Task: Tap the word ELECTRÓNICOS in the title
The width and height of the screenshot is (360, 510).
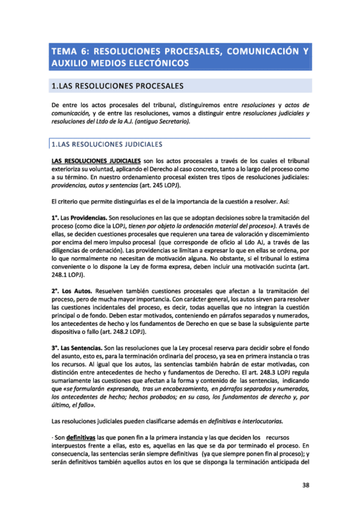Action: coord(151,63)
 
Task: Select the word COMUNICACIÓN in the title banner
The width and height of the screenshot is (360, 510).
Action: coord(260,52)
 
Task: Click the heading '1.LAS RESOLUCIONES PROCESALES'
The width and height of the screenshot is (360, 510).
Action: coord(117,87)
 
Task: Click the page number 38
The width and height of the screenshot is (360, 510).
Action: coord(307,485)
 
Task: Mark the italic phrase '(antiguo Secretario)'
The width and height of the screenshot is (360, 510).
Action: coord(159,122)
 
